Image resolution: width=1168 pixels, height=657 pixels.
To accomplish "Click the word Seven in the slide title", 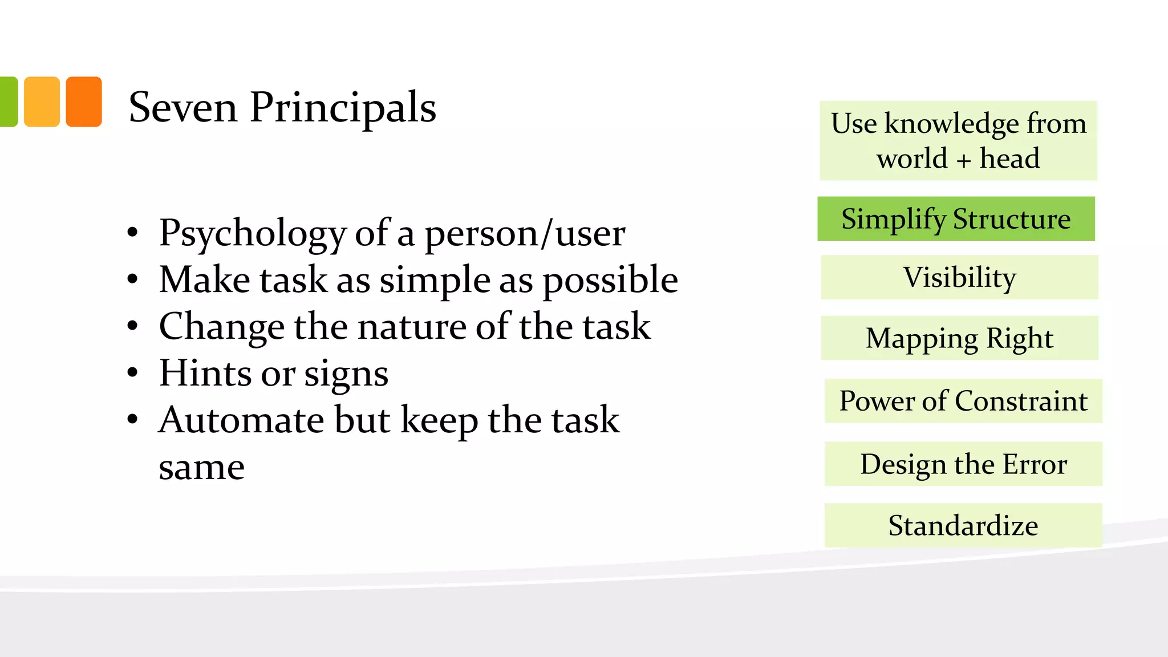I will click(x=182, y=107).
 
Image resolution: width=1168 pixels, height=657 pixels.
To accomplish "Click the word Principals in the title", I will click(x=343, y=108).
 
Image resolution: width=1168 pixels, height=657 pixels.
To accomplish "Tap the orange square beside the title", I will click(x=84, y=102).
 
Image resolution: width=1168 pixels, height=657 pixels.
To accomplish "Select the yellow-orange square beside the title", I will click(x=42, y=102).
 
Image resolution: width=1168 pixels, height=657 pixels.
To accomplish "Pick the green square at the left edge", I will click(x=8, y=102).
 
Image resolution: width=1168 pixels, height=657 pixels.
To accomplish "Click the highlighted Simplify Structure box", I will click(x=956, y=219).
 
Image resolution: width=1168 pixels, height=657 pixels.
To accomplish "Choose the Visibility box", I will click(x=959, y=278).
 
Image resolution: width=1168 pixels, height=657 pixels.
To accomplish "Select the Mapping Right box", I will click(x=959, y=338).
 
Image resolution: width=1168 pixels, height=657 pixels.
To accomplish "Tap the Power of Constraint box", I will click(x=963, y=401).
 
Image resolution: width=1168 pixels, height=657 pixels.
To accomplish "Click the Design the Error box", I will click(x=963, y=464).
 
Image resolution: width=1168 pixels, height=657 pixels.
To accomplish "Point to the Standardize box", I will click(x=963, y=525).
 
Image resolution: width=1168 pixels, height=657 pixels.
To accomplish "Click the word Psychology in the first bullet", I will click(x=252, y=234).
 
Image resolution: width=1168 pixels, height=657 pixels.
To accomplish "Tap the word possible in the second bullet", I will click(x=610, y=281).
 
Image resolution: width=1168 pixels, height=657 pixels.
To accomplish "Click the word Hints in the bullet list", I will click(x=205, y=374).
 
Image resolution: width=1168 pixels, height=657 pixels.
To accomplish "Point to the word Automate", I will click(x=241, y=420).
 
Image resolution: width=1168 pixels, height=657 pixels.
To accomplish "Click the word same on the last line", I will click(x=201, y=468).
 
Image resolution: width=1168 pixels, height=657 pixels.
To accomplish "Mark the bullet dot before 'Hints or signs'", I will click(x=133, y=374).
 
